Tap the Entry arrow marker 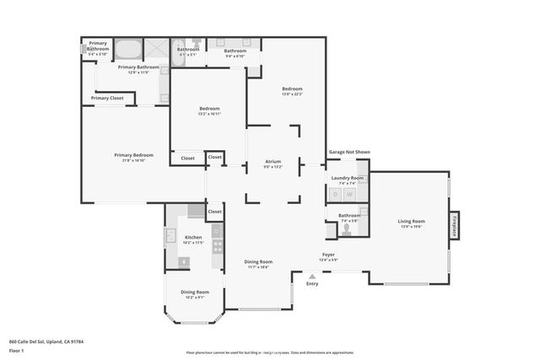click(x=312, y=277)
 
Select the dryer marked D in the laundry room click(x=335, y=195)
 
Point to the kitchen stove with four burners click(x=217, y=246)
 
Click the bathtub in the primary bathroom click(x=129, y=48)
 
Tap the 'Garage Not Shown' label click(x=348, y=153)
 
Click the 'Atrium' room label click(x=273, y=161)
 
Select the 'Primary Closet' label click(x=106, y=98)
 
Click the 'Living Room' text click(x=411, y=221)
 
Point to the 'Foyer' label click(x=329, y=254)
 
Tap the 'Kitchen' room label click(x=193, y=238)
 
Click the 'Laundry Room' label click(x=347, y=178)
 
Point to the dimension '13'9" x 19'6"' click(x=411, y=227)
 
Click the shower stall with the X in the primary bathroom click(x=156, y=48)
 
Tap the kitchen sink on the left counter click(x=170, y=239)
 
